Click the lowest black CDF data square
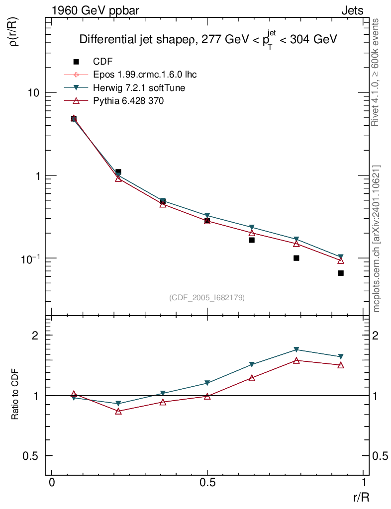coord(341,273)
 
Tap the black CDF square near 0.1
coord(296,258)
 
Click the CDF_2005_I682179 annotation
coord(207,297)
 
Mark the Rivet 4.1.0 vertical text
coord(376,72)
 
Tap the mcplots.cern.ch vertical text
coord(376,239)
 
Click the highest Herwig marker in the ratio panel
coord(296,349)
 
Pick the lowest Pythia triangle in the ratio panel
coord(118,411)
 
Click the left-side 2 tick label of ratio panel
coord(35,336)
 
